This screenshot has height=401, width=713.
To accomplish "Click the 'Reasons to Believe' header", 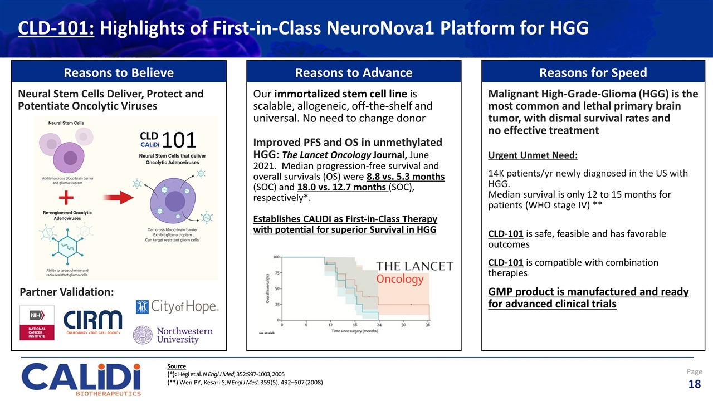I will pos(119,72).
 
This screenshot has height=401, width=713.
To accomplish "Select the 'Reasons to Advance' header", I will pos(354,72).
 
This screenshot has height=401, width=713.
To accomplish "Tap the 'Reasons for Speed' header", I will pos(593,72).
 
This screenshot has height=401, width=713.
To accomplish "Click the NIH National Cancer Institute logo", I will pos(37,323).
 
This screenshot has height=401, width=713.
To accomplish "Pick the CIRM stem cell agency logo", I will pos(92,323).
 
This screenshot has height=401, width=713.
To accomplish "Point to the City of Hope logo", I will pos(177,307).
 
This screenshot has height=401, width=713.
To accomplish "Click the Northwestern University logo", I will pos(173,335).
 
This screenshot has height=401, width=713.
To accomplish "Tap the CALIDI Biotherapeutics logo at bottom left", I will pos(81,379).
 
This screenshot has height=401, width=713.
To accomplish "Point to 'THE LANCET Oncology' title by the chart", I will pos(415,272).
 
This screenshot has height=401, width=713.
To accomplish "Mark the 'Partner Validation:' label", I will pos(67,292).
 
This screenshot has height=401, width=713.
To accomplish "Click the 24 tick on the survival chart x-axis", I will pos(379,324).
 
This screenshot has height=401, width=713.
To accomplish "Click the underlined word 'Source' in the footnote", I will pos(177,366).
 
